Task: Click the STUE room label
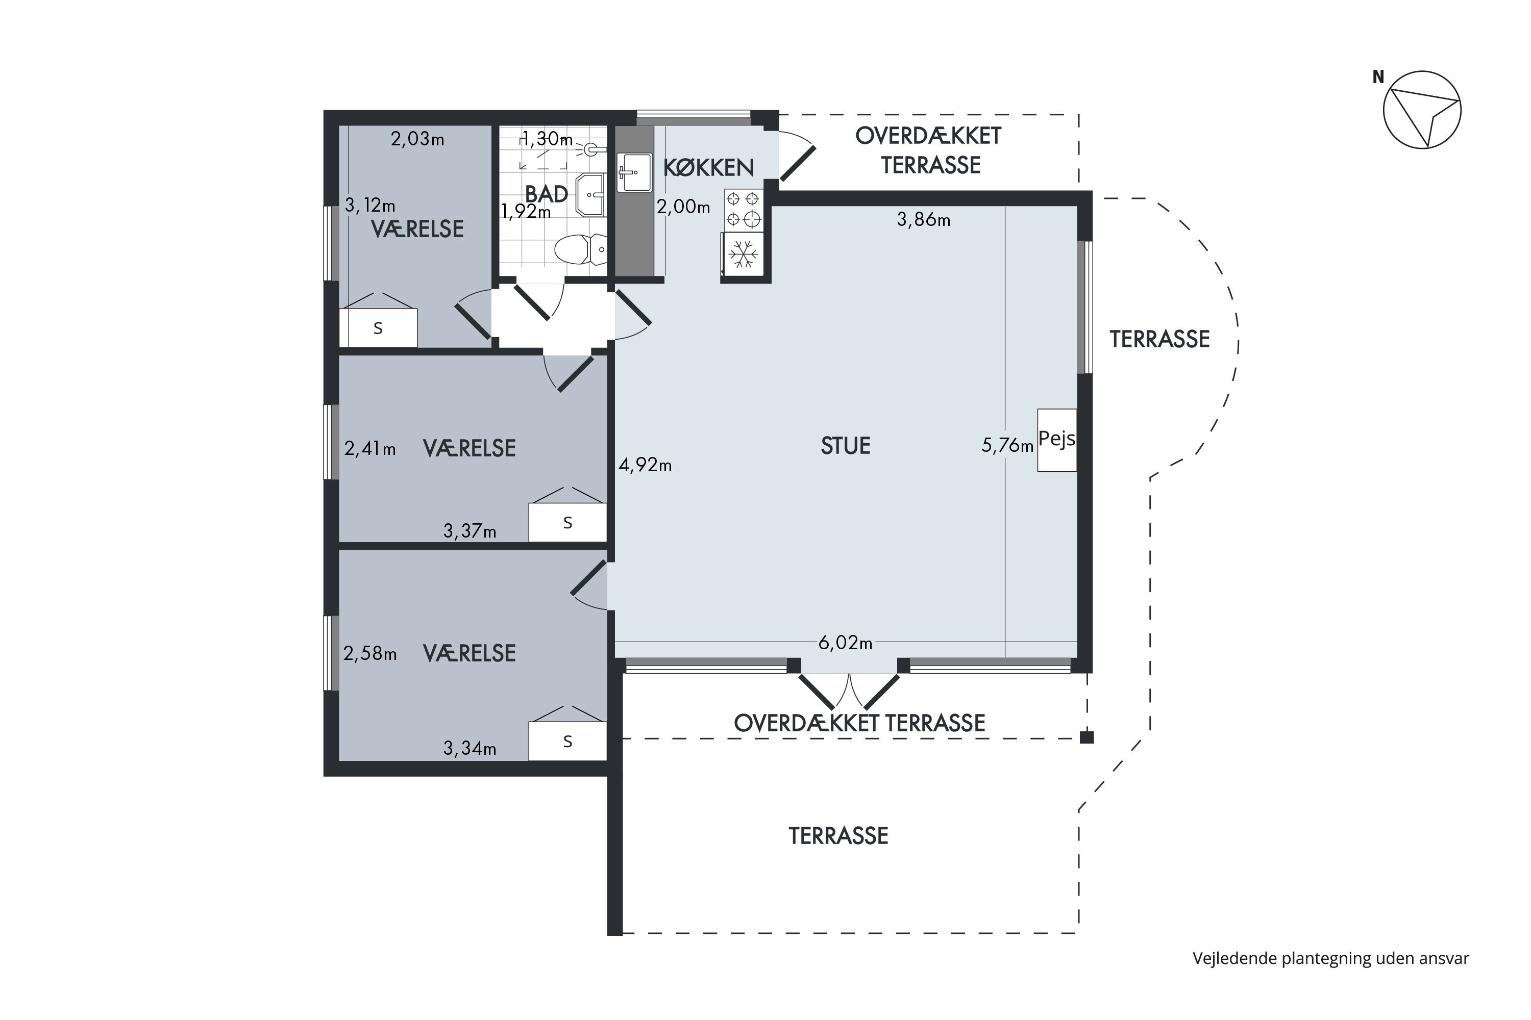point(845,446)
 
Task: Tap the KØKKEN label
point(708,168)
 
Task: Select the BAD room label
point(546,194)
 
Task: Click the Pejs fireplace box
point(1056,440)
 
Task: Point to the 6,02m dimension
point(845,643)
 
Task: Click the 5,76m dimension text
point(1007,446)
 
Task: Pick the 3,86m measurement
point(924,220)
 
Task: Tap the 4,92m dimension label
point(645,465)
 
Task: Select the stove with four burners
point(744,210)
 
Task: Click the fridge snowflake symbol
point(744,253)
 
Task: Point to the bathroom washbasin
point(591,194)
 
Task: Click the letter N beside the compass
point(1378,78)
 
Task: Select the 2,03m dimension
point(417,139)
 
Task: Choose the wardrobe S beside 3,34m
point(567,741)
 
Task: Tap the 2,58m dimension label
point(369,654)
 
